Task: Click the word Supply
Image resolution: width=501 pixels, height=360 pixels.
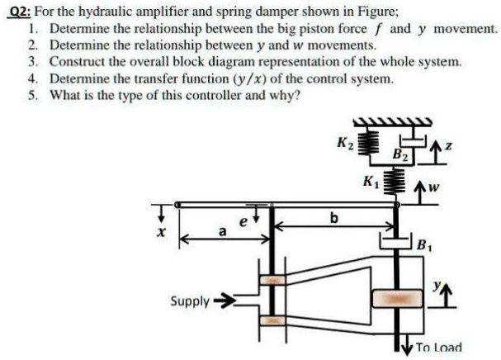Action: click(x=190, y=301)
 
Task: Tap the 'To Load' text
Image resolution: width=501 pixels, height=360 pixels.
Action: click(x=440, y=347)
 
